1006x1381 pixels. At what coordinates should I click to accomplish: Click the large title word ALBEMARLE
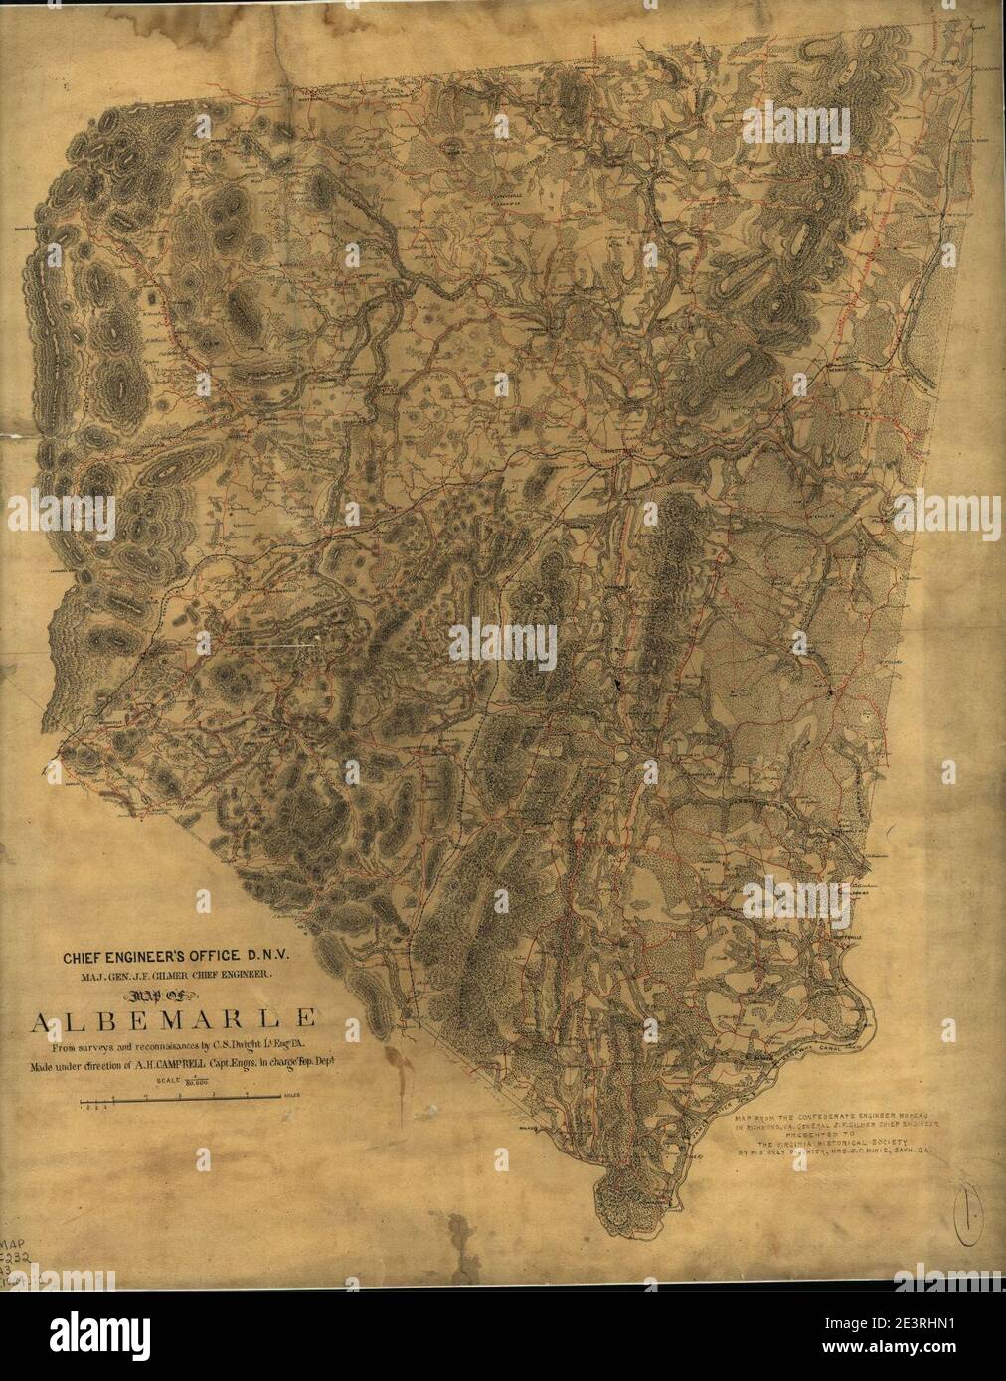(x=176, y=1019)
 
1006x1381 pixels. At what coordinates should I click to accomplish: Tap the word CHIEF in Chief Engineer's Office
(x=87, y=960)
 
